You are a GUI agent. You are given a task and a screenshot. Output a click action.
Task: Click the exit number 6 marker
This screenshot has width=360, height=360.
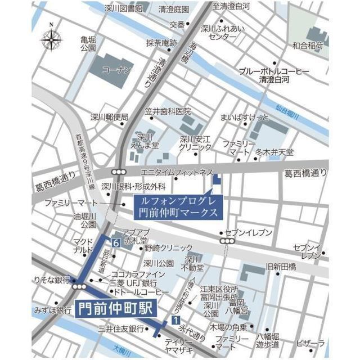pos(115,243)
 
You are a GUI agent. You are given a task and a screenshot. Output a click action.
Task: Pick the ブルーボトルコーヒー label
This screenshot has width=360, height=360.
pos(274,72)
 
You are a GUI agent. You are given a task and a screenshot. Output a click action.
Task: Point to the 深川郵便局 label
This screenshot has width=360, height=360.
pos(110,117)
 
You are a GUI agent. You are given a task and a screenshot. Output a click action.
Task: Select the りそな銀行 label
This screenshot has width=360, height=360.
pos(51,280)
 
